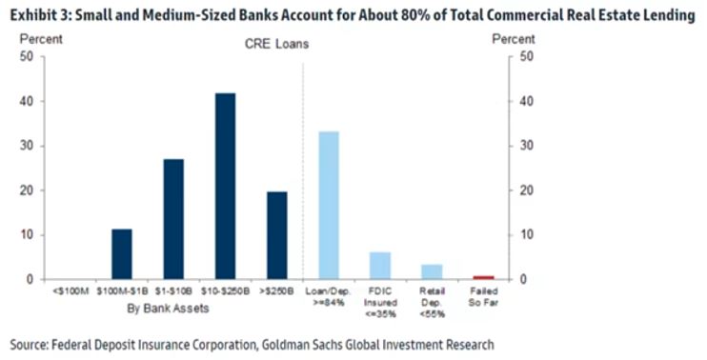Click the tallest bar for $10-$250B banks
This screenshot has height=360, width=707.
pyautogui.click(x=225, y=186)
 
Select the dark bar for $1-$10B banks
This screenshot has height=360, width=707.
pyautogui.click(x=173, y=219)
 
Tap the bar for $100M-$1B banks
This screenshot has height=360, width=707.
pyautogui.click(x=122, y=254)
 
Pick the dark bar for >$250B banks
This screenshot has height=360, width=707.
pyautogui.click(x=277, y=235)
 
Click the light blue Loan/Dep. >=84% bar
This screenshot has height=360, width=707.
pyautogui.click(x=329, y=206)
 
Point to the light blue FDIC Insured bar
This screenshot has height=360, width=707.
pyautogui.click(x=380, y=266)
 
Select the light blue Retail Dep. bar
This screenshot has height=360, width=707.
pyautogui.click(x=432, y=272)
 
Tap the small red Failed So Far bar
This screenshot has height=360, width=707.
pyautogui.click(x=483, y=277)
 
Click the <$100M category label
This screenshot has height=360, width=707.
pyautogui.click(x=71, y=291)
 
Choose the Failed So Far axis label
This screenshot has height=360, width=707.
pyautogui.click(x=483, y=297)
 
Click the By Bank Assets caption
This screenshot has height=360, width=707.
pyautogui.click(x=169, y=309)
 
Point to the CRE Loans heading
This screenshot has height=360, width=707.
pyautogui.click(x=277, y=44)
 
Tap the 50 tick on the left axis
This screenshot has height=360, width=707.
pyautogui.click(x=27, y=57)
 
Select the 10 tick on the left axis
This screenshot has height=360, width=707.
pyautogui.click(x=27, y=235)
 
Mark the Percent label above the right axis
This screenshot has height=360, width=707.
pyautogui.click(x=514, y=39)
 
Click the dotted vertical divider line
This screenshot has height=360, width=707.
pyautogui.click(x=303, y=171)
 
